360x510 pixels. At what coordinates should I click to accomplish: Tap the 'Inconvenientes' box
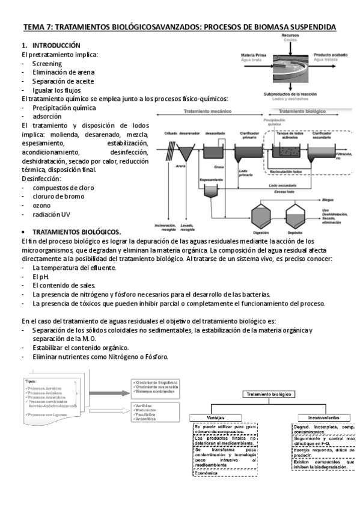click(x=317, y=416)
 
